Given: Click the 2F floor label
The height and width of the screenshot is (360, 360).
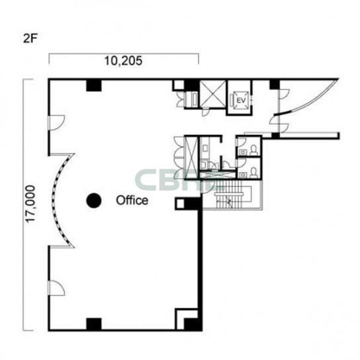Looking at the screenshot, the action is click(x=30, y=38).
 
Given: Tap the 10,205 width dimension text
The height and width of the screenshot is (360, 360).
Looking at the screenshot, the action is click(x=123, y=61).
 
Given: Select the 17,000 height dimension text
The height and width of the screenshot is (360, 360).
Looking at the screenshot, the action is click(x=30, y=204).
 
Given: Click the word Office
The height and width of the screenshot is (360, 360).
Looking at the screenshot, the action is click(x=132, y=201).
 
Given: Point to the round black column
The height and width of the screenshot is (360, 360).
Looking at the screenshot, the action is click(x=94, y=201).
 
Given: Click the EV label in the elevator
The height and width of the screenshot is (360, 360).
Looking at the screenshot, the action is click(x=241, y=101).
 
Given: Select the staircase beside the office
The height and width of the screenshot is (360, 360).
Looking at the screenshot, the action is click(x=232, y=195).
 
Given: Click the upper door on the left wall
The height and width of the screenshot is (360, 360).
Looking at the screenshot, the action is click(x=56, y=123).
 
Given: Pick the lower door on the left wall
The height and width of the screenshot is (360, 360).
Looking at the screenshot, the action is click(x=56, y=288).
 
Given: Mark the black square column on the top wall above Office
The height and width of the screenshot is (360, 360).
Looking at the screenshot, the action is click(x=94, y=85).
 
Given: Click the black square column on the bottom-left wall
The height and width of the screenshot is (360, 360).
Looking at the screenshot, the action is click(x=94, y=324).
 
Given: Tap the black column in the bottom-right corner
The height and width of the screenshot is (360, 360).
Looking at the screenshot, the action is click(x=193, y=324).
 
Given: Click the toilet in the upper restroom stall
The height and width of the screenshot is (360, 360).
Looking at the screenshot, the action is click(x=253, y=150).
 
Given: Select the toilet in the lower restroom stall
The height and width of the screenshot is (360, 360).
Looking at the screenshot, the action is click(x=253, y=172).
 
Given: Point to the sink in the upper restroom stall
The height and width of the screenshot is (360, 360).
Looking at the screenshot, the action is click(x=242, y=152).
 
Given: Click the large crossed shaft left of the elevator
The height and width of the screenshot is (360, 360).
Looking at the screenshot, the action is click(x=213, y=94).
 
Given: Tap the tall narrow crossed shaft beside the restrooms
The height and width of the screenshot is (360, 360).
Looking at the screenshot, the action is click(x=191, y=157).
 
